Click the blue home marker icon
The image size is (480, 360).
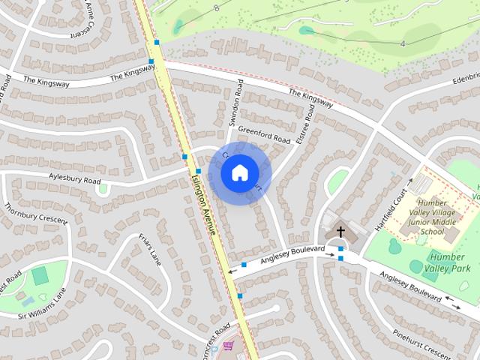point(238,172)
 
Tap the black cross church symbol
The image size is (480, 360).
point(340,232)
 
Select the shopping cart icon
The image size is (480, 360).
point(228,346)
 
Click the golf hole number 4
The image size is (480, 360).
point(402,44)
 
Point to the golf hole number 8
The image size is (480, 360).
point(216,8)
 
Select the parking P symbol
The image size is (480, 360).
point(215,349)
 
